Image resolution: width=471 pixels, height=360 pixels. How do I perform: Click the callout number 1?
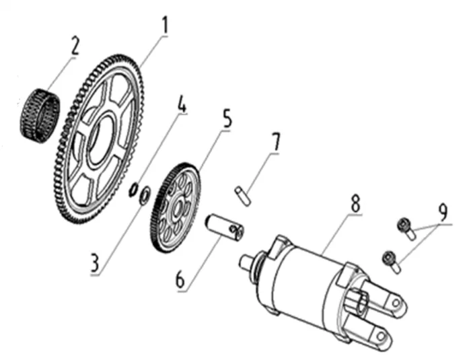(x=165, y=26)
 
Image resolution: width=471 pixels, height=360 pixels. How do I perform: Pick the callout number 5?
(x=227, y=120)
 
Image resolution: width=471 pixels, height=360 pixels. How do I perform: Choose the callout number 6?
(x=180, y=279)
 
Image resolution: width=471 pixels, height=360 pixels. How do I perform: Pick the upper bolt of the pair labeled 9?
(x=406, y=226)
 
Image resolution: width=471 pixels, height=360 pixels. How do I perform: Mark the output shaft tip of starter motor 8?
(x=245, y=259)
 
